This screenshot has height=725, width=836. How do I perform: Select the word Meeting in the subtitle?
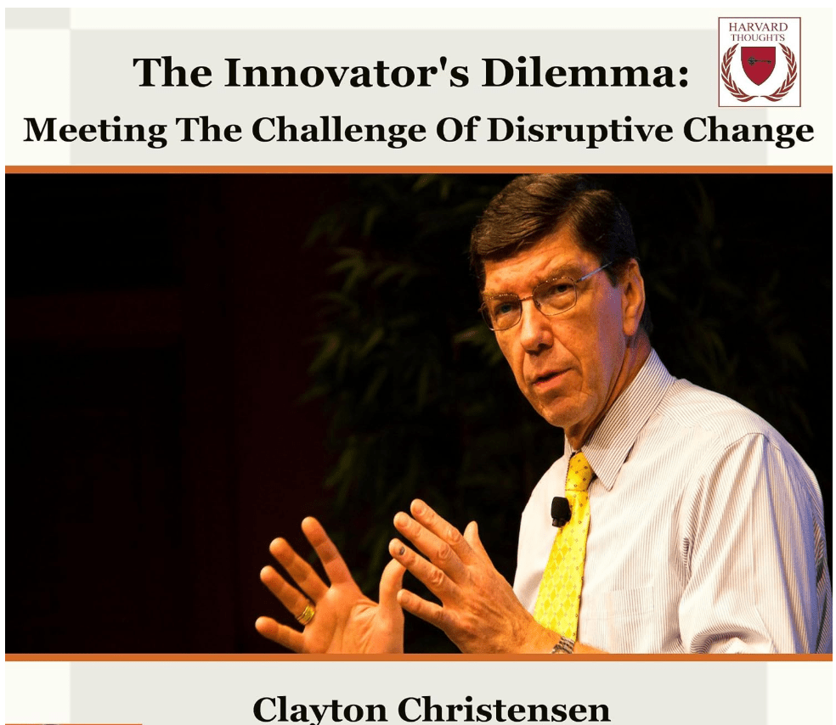click(95, 131)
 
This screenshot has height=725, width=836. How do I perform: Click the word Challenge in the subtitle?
click(338, 131)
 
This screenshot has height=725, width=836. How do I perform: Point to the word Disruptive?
click(580, 131)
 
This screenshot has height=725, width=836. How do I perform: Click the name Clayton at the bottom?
click(319, 710)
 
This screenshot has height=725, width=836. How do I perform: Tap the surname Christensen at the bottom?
click(504, 710)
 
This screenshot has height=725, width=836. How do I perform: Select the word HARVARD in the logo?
click(758, 26)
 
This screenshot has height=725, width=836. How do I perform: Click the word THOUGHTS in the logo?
click(758, 37)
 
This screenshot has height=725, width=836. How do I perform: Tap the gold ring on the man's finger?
click(306, 613)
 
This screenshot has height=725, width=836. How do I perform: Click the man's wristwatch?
click(563, 645)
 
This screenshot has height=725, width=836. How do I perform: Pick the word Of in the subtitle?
click(456, 131)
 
